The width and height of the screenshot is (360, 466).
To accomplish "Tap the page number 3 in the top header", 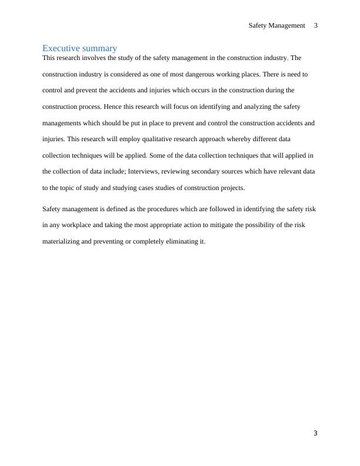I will [x=316, y=25].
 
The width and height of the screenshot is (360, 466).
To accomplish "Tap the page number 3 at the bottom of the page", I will [x=315, y=434].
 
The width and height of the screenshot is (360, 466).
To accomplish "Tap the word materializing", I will [x=61, y=241].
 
